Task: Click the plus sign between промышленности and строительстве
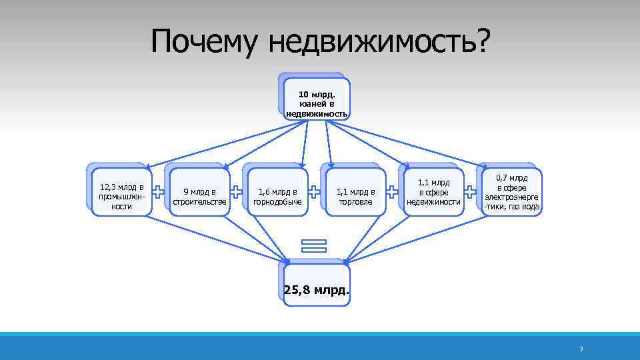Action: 159,192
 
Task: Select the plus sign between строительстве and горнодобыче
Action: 236,192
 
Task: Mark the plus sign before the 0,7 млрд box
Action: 471,192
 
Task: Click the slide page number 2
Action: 581,349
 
